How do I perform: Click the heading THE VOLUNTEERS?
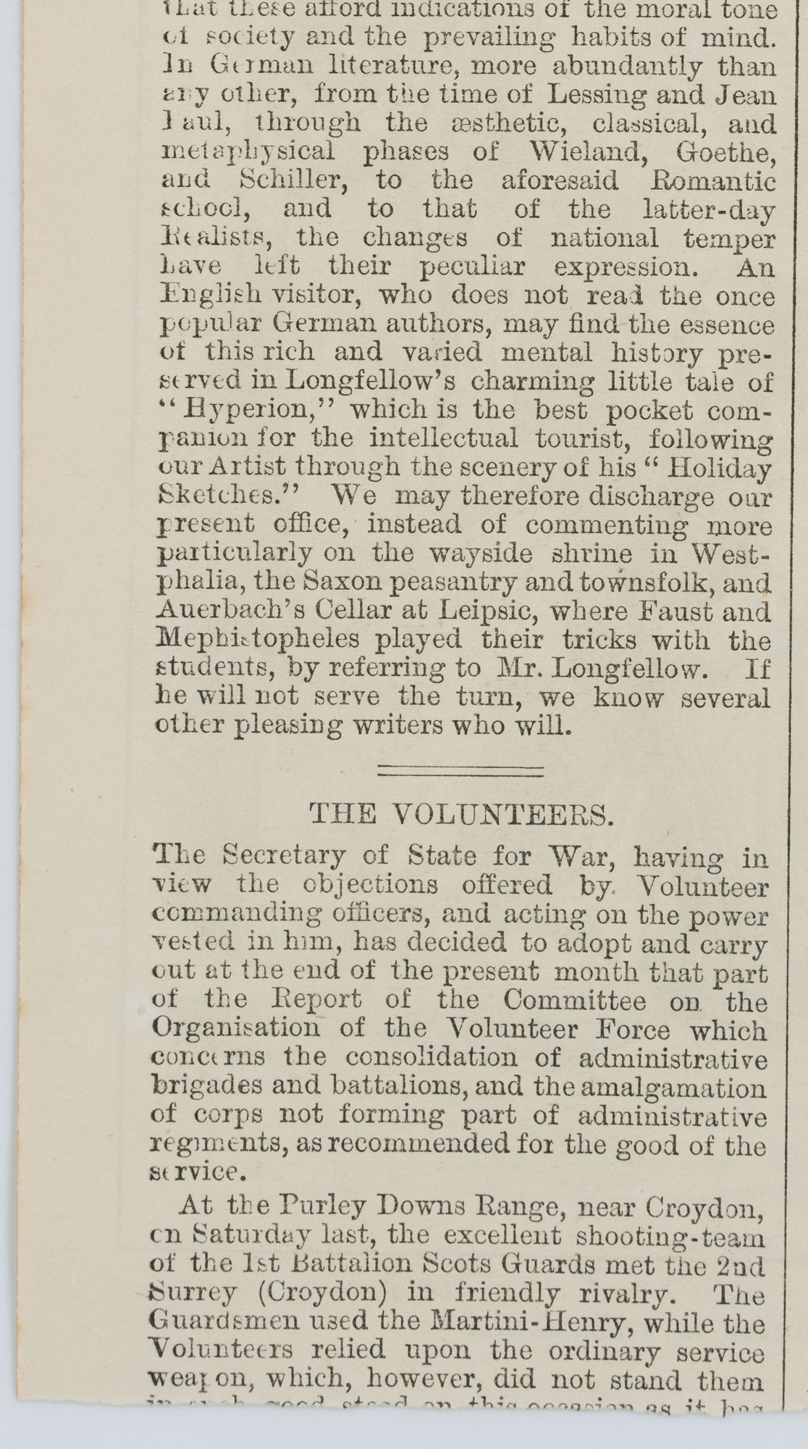tap(461, 814)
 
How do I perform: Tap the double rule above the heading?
tap(461, 771)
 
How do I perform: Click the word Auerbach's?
tap(218, 611)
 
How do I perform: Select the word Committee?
tap(574, 1001)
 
